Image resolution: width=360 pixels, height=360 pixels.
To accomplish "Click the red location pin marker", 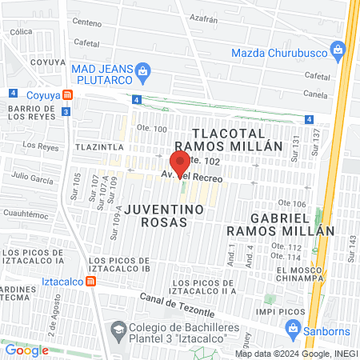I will pyautogui.click(x=179, y=162).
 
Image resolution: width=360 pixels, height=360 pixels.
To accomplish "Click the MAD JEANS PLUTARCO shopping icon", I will pyautogui.click(x=142, y=71).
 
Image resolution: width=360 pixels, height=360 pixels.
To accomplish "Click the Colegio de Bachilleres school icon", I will pyautogui.click(x=118, y=330).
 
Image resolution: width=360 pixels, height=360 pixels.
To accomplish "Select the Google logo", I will pyautogui.click(x=26, y=350).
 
